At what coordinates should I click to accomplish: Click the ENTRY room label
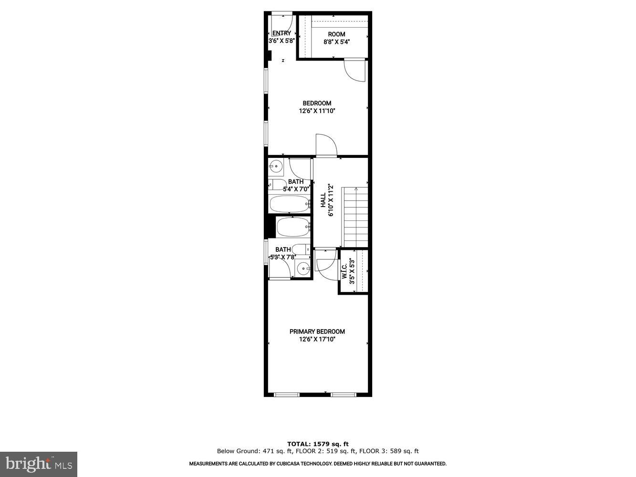[x=282, y=33]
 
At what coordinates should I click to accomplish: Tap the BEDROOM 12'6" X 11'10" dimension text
[x=317, y=111]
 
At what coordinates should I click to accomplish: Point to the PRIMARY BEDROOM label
[x=317, y=332]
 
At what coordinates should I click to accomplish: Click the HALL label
[x=323, y=200]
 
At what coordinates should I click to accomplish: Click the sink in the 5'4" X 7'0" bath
[x=275, y=167]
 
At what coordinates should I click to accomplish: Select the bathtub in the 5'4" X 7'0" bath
[x=289, y=204]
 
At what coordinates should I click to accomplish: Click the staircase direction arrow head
[x=356, y=189]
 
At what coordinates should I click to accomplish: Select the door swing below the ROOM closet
[x=355, y=70]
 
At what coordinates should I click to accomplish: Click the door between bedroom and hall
[x=326, y=145]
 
